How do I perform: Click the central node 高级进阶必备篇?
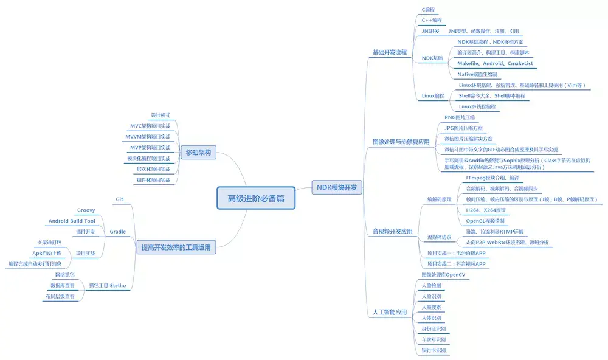(x=255, y=198)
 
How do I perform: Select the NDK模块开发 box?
(x=336, y=187)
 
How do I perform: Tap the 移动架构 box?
(x=198, y=153)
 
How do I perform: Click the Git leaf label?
(x=119, y=199)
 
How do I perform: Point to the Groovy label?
(x=86, y=210)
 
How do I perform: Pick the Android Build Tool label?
(x=71, y=221)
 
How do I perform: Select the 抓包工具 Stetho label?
(x=107, y=285)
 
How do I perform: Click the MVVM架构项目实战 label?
(x=148, y=137)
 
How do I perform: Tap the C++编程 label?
(x=432, y=20)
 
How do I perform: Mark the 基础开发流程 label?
(x=389, y=52)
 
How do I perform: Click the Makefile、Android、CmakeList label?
(x=495, y=63)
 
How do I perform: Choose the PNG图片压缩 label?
(x=460, y=117)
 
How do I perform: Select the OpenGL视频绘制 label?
(x=486, y=221)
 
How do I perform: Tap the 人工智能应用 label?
(x=389, y=312)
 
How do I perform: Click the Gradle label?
(x=117, y=232)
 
